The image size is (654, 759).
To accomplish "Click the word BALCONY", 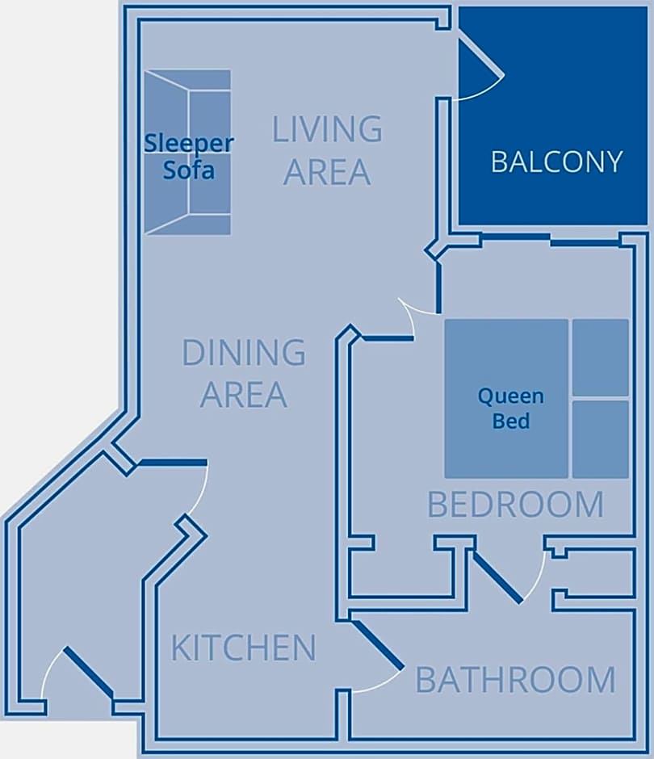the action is click(x=556, y=161).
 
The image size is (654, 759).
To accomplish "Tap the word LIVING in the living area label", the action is click(x=327, y=129).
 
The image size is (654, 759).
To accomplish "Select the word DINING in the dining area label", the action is click(x=244, y=352).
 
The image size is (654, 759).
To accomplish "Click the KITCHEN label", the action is click(x=244, y=648).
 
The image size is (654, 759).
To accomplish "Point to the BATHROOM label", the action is click(x=516, y=680).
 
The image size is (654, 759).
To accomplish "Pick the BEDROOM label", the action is click(x=516, y=505).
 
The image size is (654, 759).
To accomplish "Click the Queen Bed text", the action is click(x=511, y=409).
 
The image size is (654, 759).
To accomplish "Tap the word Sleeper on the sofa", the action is click(x=189, y=143).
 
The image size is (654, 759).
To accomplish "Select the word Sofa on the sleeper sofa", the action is click(x=189, y=170).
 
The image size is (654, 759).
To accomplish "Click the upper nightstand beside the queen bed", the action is click(x=601, y=358).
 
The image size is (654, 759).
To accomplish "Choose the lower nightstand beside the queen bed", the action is click(x=601, y=439).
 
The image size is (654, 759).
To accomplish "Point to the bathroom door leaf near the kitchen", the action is click(x=378, y=645).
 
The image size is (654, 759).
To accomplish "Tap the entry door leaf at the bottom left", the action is click(x=89, y=673).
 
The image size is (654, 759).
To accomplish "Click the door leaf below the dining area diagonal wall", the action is click(x=173, y=463).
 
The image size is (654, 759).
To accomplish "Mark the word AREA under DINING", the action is click(x=244, y=395).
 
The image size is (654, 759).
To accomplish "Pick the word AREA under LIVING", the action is click(x=327, y=172).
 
